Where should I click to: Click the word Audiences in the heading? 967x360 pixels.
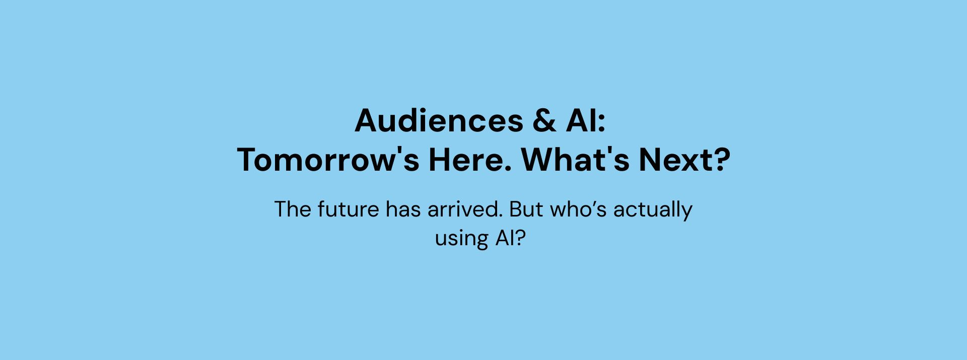(439, 121)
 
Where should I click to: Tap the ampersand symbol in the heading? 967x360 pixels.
(544, 121)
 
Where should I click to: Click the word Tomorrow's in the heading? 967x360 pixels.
(328, 160)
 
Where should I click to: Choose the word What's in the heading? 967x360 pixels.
(575, 160)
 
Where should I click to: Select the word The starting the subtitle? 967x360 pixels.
(293, 209)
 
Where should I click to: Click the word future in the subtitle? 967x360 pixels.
(348, 209)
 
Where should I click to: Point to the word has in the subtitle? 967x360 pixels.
(403, 209)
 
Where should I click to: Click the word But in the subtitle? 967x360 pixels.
(526, 209)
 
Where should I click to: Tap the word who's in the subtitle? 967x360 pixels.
(578, 209)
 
